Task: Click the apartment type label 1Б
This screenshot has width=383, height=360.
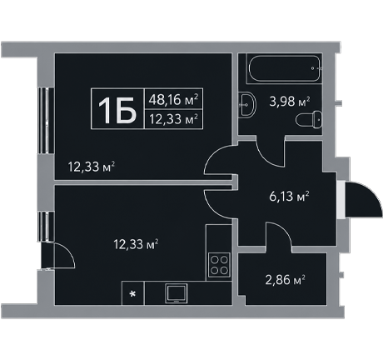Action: (x=117, y=110)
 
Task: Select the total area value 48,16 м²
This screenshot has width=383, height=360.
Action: (x=173, y=100)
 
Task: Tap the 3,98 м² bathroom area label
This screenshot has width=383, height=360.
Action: (x=290, y=102)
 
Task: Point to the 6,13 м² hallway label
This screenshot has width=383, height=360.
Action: (x=289, y=196)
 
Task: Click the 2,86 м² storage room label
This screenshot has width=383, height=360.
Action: (x=286, y=279)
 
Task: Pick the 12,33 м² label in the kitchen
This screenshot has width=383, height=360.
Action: (x=136, y=244)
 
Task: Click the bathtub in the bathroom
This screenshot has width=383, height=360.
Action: (x=284, y=68)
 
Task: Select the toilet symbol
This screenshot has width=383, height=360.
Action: (x=309, y=120)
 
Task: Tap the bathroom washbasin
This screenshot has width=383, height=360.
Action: (x=246, y=105)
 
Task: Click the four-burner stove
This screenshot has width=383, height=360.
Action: (x=219, y=265)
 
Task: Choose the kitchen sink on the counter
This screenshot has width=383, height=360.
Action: (x=177, y=293)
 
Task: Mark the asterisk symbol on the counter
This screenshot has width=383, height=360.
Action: (x=133, y=293)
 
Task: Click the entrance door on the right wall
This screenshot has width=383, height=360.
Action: (x=363, y=200)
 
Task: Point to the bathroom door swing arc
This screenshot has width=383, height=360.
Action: (x=266, y=157)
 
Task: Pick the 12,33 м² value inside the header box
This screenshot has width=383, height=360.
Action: (x=173, y=119)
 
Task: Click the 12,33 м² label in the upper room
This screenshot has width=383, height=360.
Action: (x=91, y=167)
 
